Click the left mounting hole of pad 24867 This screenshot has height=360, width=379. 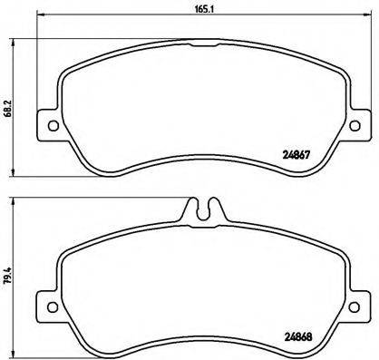[x=52, y=126]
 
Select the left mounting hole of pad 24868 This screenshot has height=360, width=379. [x=52, y=302]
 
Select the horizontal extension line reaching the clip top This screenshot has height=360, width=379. [x=100, y=199]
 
